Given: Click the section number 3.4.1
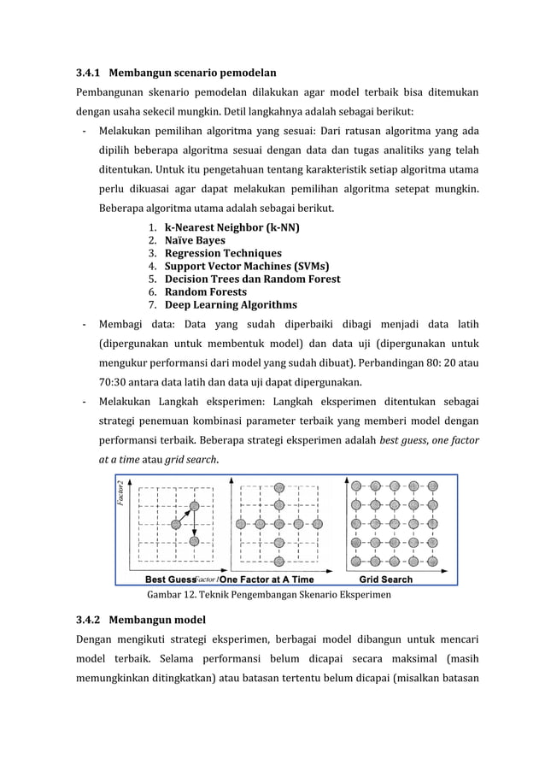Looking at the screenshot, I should pyautogui.click(x=89, y=73).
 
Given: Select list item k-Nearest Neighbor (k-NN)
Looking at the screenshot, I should pyautogui.click(x=231, y=228).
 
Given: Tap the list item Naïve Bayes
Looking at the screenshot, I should pyautogui.click(x=195, y=241).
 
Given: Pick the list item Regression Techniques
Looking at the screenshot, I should pyautogui.click(x=222, y=254).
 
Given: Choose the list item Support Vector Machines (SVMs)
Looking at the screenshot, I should pyautogui.click(x=248, y=267).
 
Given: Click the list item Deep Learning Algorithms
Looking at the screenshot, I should pyautogui.click(x=231, y=305).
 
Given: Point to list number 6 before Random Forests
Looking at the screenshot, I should pyautogui.click(x=150, y=292).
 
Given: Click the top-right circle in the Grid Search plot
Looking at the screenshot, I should pyautogui.click(x=432, y=486).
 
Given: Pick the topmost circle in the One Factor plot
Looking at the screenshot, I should pyautogui.click(x=276, y=486).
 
